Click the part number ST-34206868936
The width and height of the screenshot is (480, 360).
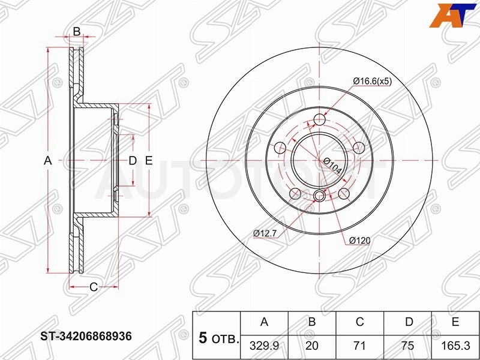(x=86, y=336)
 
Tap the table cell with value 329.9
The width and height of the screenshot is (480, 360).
(x=264, y=346)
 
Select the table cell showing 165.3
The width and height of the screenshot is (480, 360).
(x=455, y=346)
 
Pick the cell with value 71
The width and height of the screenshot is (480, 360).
(x=359, y=346)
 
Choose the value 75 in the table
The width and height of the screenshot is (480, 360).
(x=407, y=346)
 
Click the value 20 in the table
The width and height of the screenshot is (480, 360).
(x=312, y=346)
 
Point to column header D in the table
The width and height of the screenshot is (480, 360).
(x=409, y=322)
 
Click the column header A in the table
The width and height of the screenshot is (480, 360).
(x=264, y=322)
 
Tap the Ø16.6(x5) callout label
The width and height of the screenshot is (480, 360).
(x=372, y=81)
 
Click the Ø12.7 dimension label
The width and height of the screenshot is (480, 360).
(x=265, y=233)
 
